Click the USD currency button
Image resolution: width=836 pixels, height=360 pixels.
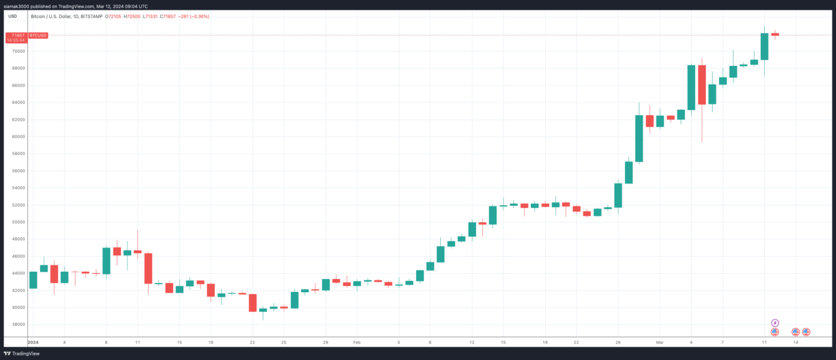tap(12, 16)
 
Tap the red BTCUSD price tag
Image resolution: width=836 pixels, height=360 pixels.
tap(39, 35)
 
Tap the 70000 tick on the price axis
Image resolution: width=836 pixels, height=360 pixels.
tap(18, 51)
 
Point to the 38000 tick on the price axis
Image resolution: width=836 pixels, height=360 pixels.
tap(18, 324)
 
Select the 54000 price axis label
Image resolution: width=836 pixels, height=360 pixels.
tap(18, 188)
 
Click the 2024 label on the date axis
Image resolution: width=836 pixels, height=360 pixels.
tap(33, 342)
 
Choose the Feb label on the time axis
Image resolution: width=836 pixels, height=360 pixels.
tap(357, 342)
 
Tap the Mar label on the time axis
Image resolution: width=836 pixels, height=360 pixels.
tap(660, 342)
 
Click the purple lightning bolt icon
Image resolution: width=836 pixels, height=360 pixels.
tap(775, 323)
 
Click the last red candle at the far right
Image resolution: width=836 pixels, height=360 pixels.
tap(775, 34)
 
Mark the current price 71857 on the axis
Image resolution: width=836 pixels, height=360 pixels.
tap(18, 34)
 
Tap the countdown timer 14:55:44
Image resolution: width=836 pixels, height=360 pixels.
tap(16, 40)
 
